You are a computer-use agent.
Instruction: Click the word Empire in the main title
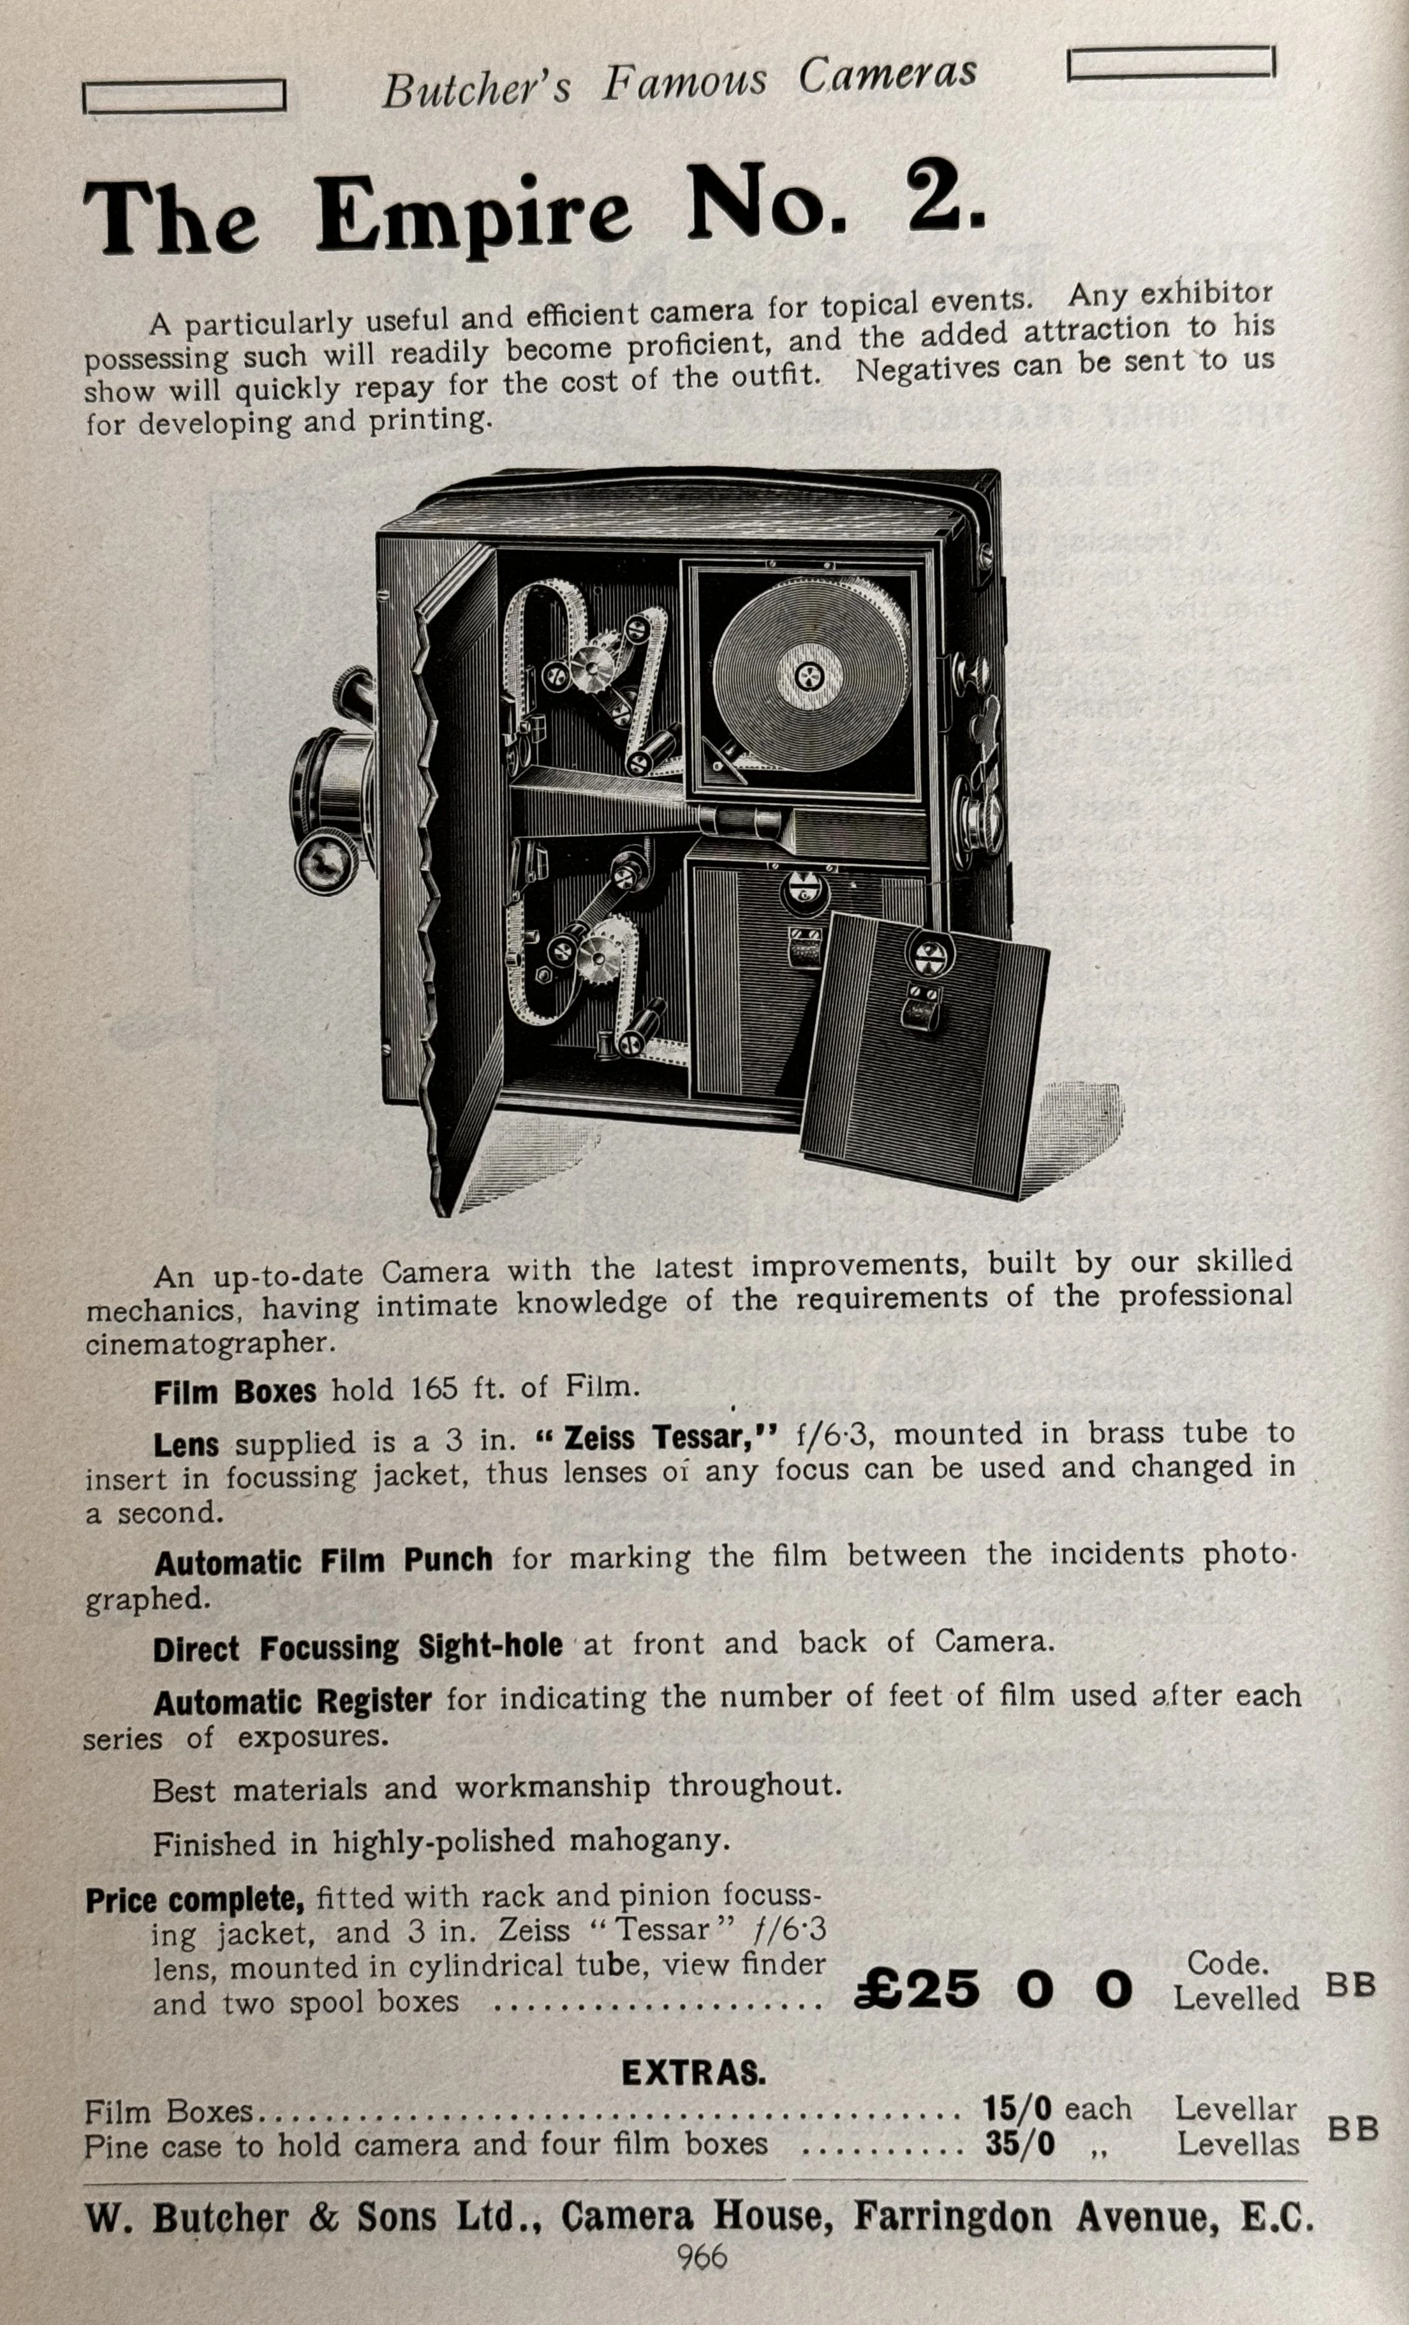[473, 215]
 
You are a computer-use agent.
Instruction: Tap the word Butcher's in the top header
[476, 90]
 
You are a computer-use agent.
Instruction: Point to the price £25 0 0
[992, 1989]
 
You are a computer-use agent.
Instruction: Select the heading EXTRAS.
[693, 2073]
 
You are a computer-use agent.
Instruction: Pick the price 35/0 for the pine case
[1020, 2144]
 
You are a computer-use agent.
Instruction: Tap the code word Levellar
[1236, 2109]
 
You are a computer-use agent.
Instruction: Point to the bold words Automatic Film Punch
[323, 1561]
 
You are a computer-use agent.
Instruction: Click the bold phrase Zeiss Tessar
[669, 1438]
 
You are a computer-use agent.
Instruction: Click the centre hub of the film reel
[809, 674]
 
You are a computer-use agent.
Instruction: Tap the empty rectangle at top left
[185, 96]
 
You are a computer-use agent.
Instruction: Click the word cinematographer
[209, 1344]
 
